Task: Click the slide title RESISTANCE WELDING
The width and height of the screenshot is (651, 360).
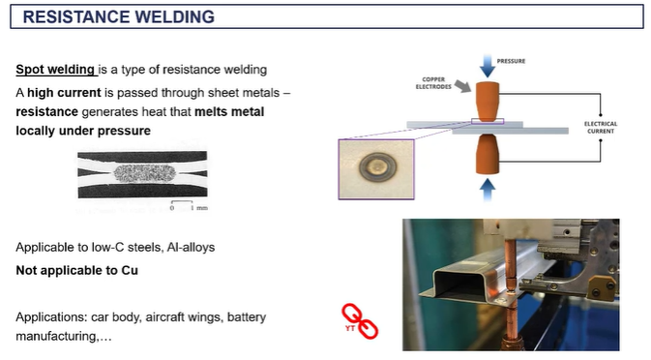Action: tap(119, 17)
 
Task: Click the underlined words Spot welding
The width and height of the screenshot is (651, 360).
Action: tap(55, 70)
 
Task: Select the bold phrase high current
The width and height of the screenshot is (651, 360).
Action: tap(64, 93)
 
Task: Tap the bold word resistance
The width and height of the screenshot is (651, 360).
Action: tap(47, 111)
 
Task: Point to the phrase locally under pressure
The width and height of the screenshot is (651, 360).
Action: tap(83, 131)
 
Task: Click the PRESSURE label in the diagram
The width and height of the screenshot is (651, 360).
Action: tap(511, 61)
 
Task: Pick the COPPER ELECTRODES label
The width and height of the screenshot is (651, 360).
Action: tap(433, 83)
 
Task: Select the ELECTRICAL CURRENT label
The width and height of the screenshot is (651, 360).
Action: tap(601, 128)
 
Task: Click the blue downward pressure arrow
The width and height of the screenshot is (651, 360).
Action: tap(488, 66)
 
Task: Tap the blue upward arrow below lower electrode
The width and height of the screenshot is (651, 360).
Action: tap(488, 191)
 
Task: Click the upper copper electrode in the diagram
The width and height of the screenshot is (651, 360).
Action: tap(488, 102)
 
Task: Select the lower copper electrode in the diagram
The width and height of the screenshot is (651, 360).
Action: tap(488, 154)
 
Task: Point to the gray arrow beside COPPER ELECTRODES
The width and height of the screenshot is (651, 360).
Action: tap(463, 86)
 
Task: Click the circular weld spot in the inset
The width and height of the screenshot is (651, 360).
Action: tap(378, 167)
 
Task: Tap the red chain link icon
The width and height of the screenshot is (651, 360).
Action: tap(360, 321)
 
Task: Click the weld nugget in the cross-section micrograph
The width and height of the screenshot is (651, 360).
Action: tap(144, 173)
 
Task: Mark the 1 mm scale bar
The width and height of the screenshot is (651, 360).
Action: tap(182, 202)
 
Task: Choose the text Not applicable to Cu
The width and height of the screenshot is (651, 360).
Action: tap(76, 270)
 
